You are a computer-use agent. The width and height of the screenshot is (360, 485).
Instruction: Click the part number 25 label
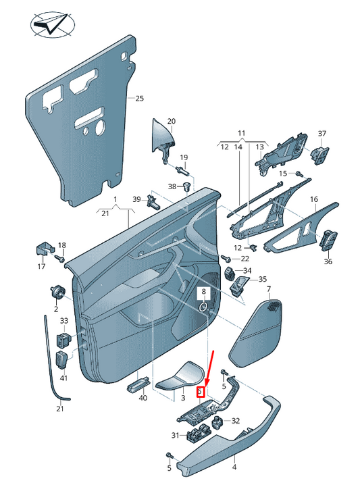click(140, 99)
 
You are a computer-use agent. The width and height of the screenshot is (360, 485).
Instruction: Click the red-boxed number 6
click(200, 392)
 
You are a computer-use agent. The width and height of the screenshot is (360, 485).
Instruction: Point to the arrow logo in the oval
click(51, 26)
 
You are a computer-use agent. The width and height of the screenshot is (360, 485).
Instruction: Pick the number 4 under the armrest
click(235, 467)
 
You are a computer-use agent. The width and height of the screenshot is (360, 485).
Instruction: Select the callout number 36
click(328, 261)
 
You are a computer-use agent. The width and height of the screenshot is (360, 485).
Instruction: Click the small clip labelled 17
click(43, 248)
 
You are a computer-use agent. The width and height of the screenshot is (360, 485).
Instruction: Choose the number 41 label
click(64, 378)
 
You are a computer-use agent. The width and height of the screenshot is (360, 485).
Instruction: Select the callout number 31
click(174, 435)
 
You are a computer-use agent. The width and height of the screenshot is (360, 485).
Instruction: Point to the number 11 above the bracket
click(242, 134)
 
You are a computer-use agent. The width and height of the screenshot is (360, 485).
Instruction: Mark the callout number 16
click(313, 200)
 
